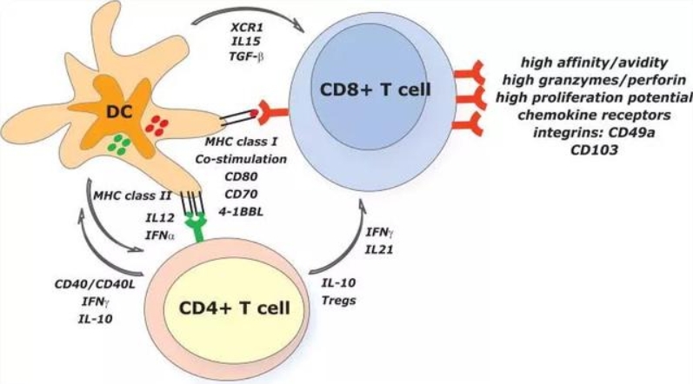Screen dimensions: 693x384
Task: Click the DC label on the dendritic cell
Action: click(119, 112)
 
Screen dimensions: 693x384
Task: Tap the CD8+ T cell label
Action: click(375, 89)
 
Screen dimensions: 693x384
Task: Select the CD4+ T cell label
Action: click(234, 308)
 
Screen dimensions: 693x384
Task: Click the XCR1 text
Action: click(247, 27)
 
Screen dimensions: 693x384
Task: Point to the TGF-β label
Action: click(247, 56)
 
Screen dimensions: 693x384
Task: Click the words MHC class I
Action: click(241, 142)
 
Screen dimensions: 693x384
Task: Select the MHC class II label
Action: click(132, 195)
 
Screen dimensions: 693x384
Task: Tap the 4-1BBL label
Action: click(241, 211)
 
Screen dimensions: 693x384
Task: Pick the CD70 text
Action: click(241, 194)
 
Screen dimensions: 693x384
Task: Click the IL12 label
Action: click(160, 217)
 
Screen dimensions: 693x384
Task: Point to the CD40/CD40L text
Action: click(95, 284)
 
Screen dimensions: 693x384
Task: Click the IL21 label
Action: click(379, 250)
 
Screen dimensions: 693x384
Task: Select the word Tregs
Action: click(338, 301)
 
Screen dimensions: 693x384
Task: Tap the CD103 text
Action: click(594, 150)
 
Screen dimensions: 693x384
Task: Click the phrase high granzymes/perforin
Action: click(594, 80)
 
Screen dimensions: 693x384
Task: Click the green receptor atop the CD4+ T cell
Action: click(197, 227)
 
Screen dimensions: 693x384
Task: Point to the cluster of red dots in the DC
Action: click(157, 125)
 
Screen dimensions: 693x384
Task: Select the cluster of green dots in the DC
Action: click(119, 145)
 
